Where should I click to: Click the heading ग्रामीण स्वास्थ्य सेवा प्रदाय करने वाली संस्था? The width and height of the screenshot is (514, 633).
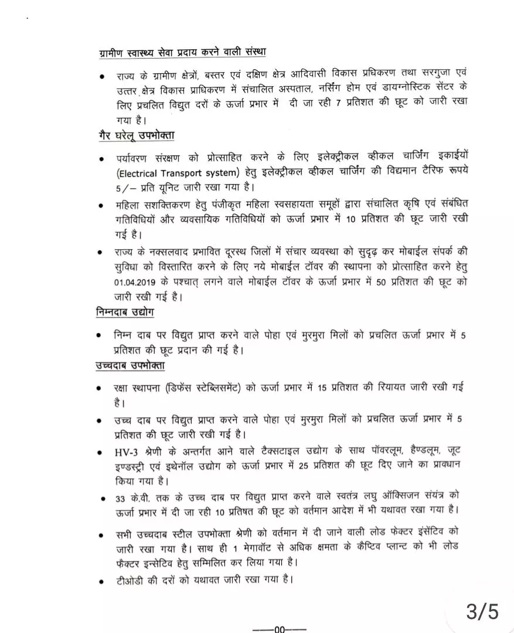182,52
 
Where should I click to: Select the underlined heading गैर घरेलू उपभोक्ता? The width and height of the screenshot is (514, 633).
136,136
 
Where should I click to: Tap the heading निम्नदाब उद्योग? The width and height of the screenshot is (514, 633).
125,312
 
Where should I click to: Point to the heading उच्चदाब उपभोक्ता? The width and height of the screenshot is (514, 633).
130,366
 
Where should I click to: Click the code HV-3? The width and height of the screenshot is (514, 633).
127,452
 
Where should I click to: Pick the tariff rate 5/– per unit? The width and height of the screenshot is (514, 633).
123,187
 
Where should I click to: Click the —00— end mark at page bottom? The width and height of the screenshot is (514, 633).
279,629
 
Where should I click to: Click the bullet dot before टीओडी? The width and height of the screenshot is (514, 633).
102,581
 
